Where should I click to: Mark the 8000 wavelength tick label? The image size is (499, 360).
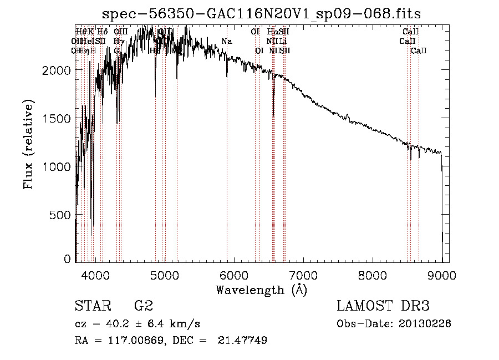373,274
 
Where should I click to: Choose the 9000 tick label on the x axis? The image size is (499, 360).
442,274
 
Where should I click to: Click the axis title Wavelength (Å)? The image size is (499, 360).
261,290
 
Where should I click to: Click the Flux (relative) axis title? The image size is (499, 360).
28,144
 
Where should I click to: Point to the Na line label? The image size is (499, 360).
226,42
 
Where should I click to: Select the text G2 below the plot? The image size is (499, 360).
143,306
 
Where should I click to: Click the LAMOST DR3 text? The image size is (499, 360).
383,306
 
